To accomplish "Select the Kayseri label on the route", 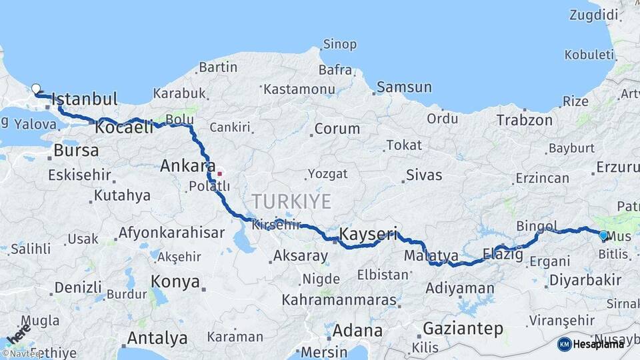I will click(369, 234).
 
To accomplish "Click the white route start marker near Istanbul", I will click(36, 88).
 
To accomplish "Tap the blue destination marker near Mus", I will click(603, 235).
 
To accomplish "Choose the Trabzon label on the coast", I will click(524, 121).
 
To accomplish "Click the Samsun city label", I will click(404, 87).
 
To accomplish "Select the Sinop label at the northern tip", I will click(340, 45).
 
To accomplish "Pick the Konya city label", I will click(175, 281).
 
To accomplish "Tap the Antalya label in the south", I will click(157, 338).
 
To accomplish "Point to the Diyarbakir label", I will click(584, 281).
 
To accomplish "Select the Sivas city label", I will click(423, 175).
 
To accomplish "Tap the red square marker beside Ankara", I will click(220, 173).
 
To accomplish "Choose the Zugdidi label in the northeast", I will click(595, 15).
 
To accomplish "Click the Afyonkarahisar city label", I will click(171, 233).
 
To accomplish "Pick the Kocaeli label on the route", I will click(125, 127).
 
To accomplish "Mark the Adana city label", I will click(357, 331).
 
